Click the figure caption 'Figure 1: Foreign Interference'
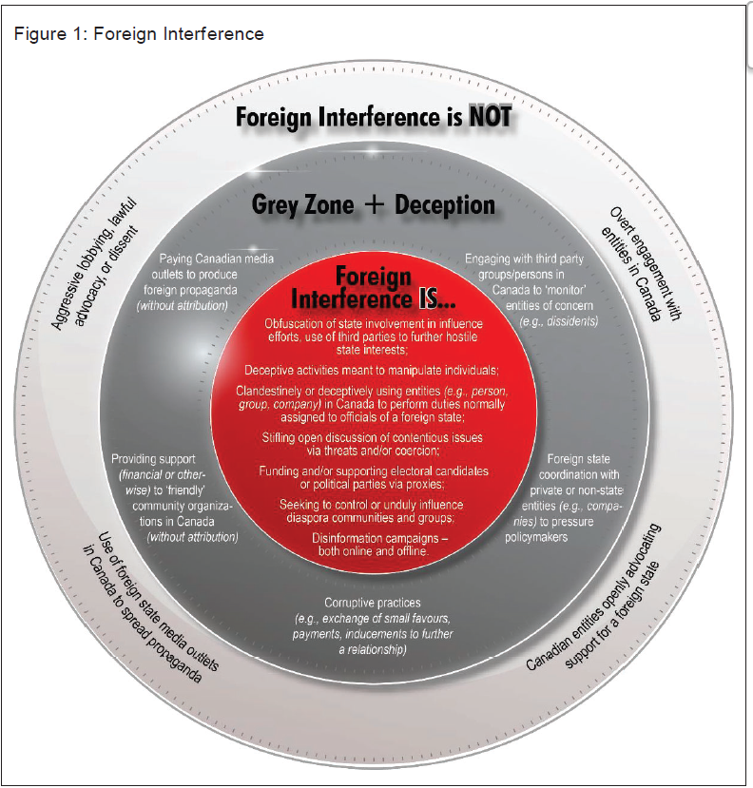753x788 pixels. (x=138, y=34)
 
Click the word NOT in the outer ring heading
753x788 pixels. (x=490, y=117)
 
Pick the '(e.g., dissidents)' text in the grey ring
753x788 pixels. (x=559, y=321)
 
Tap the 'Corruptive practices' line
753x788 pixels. (x=373, y=603)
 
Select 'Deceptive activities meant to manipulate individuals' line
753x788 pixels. (x=373, y=369)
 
